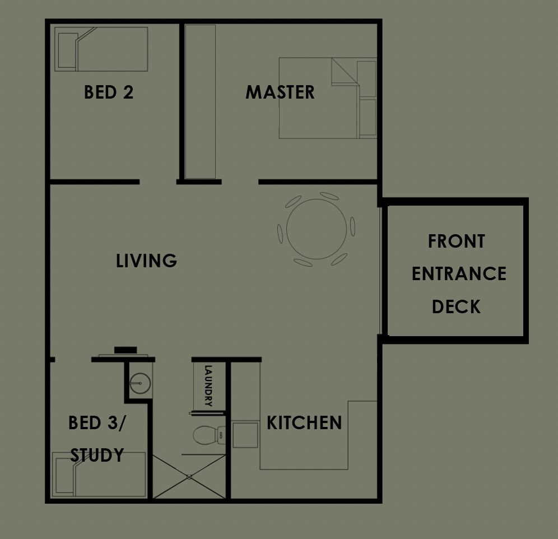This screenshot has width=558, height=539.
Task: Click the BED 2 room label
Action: (x=109, y=92)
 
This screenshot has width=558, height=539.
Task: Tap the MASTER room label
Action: (x=280, y=92)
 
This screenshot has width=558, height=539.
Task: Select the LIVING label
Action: (x=147, y=260)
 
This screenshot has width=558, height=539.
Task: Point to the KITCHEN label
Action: (x=304, y=422)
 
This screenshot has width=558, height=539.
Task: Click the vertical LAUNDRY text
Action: (x=208, y=385)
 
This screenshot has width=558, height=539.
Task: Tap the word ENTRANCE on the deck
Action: (x=459, y=274)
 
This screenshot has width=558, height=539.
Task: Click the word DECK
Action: (x=456, y=306)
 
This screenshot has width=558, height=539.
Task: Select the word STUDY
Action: (x=97, y=455)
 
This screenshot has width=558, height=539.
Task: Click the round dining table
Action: (x=317, y=229)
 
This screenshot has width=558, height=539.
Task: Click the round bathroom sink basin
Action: (x=140, y=383)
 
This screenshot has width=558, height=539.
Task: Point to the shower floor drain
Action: (x=189, y=477)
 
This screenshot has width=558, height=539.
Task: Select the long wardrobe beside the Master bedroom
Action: (x=201, y=101)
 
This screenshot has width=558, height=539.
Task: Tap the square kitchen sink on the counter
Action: (x=245, y=435)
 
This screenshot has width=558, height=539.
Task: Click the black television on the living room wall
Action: (x=125, y=350)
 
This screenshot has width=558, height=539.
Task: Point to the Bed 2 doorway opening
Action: (x=158, y=182)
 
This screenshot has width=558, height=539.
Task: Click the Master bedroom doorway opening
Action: (x=240, y=182)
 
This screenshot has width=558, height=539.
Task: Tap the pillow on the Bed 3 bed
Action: (x=65, y=476)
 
